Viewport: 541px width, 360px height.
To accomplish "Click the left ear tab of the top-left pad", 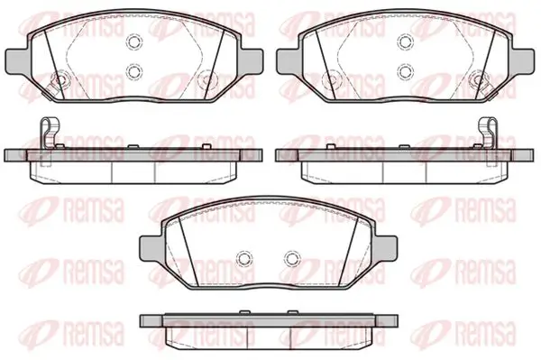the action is [x=16, y=60].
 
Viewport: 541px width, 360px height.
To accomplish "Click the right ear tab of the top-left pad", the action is [x=251, y=60].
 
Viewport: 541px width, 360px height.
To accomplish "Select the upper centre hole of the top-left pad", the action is [x=134, y=42].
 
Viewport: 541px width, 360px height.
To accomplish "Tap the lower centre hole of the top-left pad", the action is [x=134, y=71].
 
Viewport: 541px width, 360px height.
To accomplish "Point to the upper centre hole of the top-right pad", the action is [x=406, y=42].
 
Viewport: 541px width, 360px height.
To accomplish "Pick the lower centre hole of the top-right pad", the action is [x=406, y=71].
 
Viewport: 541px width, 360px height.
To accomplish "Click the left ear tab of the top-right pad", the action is [x=289, y=60].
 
